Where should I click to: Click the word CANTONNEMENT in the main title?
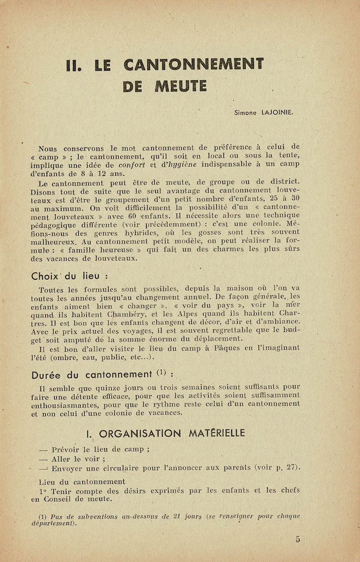pos(194,65)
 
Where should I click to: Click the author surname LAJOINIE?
pos(277,112)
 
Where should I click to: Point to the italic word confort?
pos(132,165)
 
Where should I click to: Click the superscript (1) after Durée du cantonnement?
pos(162,373)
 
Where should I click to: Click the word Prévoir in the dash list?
pos(69,449)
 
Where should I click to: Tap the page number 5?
pos(298,540)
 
